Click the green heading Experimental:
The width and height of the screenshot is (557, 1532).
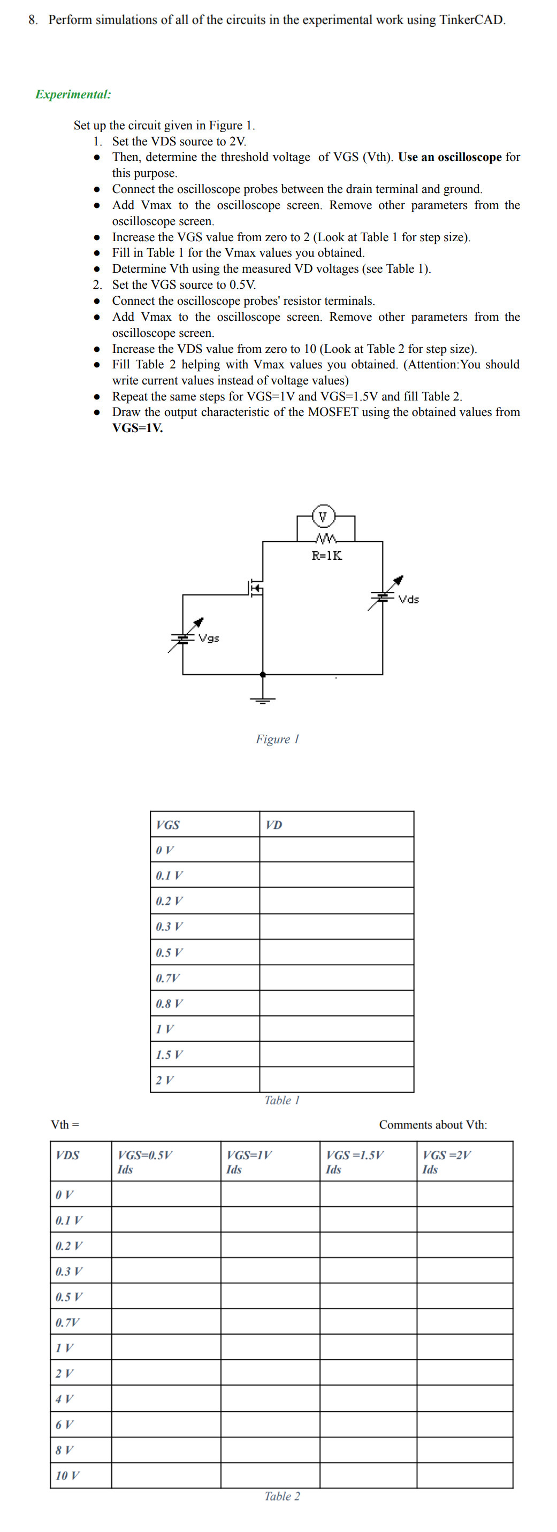(73, 95)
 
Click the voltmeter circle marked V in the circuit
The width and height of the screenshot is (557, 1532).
(323, 515)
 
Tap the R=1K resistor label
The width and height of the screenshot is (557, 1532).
(327, 556)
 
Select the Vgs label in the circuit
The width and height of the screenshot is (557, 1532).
(209, 638)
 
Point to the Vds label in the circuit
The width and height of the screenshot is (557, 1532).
(409, 599)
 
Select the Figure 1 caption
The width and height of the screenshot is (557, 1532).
(277, 739)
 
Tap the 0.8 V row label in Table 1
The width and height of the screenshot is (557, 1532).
(170, 1004)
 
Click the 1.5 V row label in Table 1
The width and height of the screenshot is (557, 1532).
(170, 1055)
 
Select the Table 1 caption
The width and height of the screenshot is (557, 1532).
(282, 1101)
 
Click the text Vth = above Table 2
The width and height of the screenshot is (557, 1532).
(65, 1125)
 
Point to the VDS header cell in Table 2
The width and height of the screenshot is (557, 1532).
(67, 1156)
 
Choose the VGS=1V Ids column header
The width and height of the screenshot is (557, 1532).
(249, 1162)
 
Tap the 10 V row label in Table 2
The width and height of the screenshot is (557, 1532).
(67, 1475)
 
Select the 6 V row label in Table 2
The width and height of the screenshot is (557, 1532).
(65, 1425)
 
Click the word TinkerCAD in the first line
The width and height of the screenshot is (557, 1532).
(472, 20)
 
